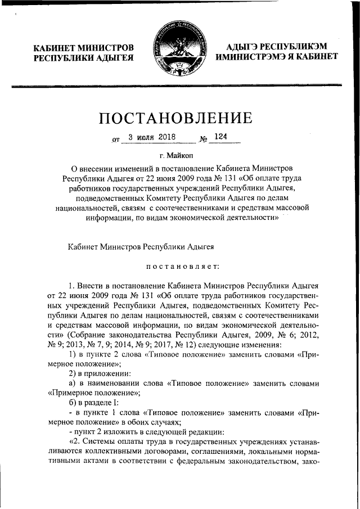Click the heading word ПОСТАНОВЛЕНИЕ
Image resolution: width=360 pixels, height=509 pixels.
tap(175, 119)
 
